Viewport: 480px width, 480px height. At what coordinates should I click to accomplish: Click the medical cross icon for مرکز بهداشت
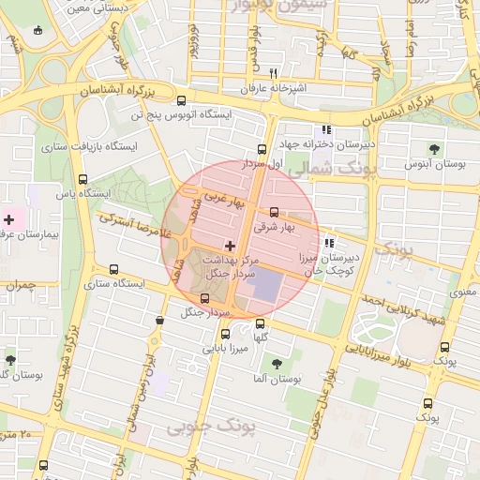coord(231,245)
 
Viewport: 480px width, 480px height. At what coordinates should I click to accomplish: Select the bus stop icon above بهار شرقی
coord(274,212)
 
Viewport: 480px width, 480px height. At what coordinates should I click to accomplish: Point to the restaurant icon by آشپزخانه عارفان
coord(273,73)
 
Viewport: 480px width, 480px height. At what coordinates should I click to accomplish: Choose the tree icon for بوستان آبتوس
coord(433,148)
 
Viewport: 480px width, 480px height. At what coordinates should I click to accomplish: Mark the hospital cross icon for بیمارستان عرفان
coord(9,218)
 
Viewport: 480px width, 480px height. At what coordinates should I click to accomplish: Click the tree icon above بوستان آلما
coord(277,363)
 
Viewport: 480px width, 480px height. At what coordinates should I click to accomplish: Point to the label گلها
coord(262,337)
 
